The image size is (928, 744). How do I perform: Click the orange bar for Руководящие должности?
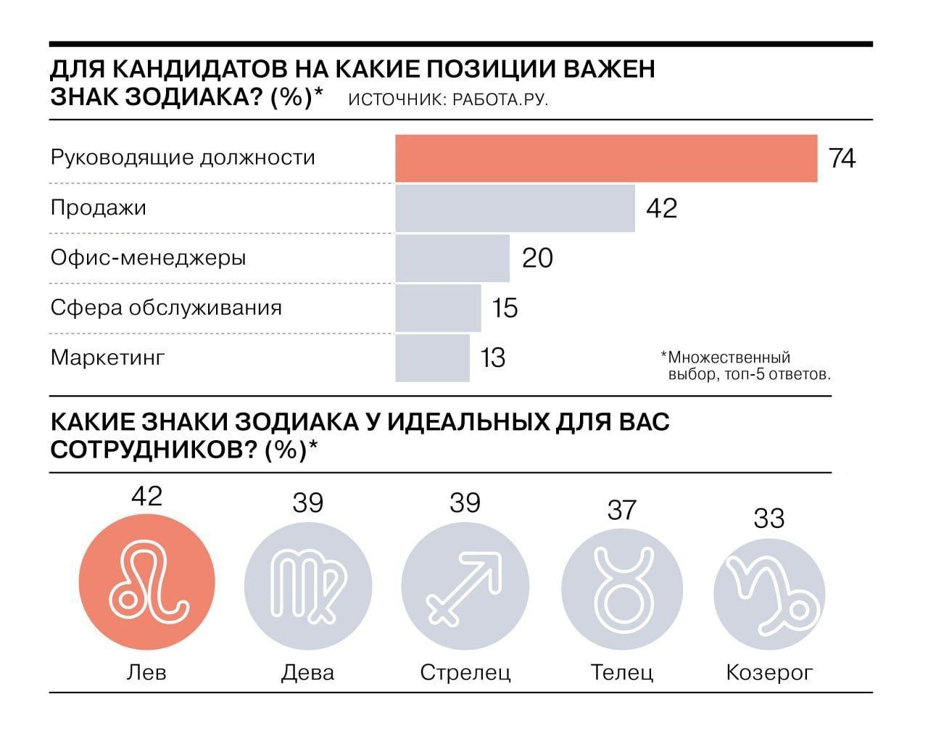(x=606, y=158)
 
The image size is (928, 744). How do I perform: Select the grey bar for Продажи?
(x=515, y=208)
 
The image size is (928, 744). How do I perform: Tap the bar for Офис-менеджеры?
(x=452, y=258)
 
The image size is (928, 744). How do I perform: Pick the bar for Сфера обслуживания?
(x=438, y=308)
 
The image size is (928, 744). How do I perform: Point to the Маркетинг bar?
(x=432, y=358)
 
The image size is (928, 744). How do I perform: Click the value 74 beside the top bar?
(x=842, y=158)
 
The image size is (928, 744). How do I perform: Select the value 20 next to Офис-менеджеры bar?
(x=537, y=258)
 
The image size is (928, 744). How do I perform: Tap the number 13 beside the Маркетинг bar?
(x=493, y=358)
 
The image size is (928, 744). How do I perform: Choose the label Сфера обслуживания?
(x=166, y=308)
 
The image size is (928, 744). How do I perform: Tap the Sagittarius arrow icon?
(x=465, y=585)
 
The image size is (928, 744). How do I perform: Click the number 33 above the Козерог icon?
(x=768, y=519)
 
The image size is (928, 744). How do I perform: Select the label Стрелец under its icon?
(x=465, y=672)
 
